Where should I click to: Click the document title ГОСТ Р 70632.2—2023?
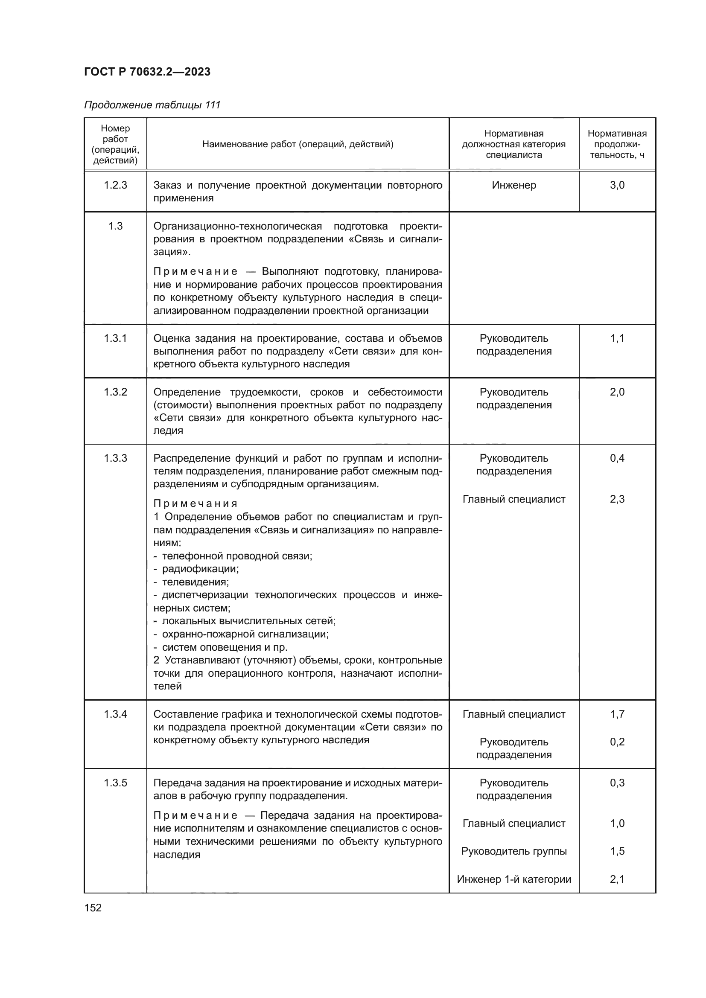click(147, 72)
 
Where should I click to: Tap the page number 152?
click(93, 908)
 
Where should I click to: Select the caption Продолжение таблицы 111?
click(152, 105)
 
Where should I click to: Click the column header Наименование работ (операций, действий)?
click(298, 144)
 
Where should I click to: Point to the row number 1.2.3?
click(115, 185)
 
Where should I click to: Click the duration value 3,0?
click(617, 185)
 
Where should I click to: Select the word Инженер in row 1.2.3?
click(514, 185)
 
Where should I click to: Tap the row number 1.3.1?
click(115, 338)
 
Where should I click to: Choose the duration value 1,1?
click(617, 338)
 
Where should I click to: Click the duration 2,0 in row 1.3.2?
click(617, 392)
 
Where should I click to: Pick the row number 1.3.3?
click(115, 458)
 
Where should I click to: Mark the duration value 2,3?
click(617, 499)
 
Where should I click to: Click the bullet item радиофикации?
click(200, 568)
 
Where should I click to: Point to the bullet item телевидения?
click(195, 582)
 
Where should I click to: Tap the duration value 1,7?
click(617, 714)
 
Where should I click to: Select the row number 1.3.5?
click(115, 783)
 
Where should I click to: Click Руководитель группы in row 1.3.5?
click(514, 851)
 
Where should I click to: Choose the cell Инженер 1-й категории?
click(514, 879)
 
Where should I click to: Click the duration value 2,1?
click(617, 879)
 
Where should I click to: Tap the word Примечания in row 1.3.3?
click(195, 503)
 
